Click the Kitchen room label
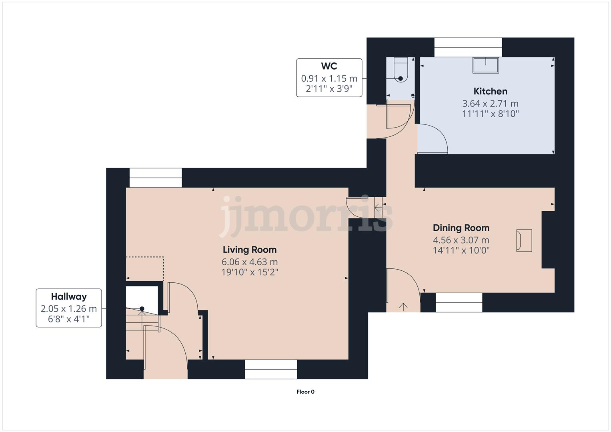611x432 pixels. [x=490, y=91]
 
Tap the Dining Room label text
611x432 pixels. [x=461, y=228]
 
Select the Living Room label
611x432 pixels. [x=250, y=250]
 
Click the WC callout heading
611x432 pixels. [x=329, y=66]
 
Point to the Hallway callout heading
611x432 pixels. [x=69, y=297]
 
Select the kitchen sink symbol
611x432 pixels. [x=486, y=65]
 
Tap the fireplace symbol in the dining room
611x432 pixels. [x=524, y=240]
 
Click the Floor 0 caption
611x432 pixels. [x=305, y=392]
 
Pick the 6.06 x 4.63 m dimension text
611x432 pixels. [x=250, y=262]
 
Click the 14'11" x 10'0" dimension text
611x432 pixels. [x=461, y=250]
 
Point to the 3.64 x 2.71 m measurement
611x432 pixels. [x=490, y=104]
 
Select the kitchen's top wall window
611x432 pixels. [x=468, y=47]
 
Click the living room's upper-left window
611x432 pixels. [x=155, y=178]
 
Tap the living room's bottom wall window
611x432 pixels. [x=271, y=369]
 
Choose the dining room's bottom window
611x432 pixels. [x=459, y=302]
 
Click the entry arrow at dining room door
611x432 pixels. [x=403, y=307]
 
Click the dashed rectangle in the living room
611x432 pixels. [x=145, y=268]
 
